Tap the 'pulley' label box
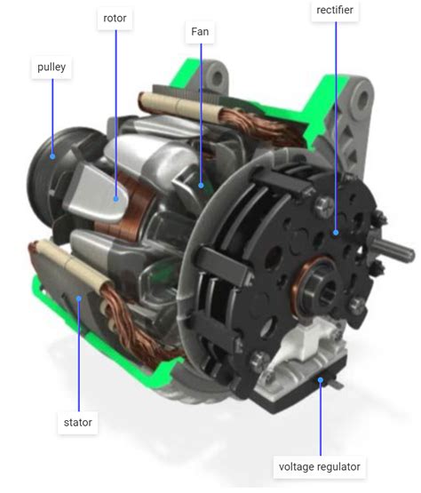pyautogui.click(x=52, y=68)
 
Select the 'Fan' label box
pyautogui.click(x=201, y=32)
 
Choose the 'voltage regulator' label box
pyautogui.click(x=320, y=466)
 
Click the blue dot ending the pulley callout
pyautogui.click(x=52, y=156)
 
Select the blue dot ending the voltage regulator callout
pyautogui.click(x=320, y=379)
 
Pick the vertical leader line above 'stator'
pyautogui.click(x=78, y=355)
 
